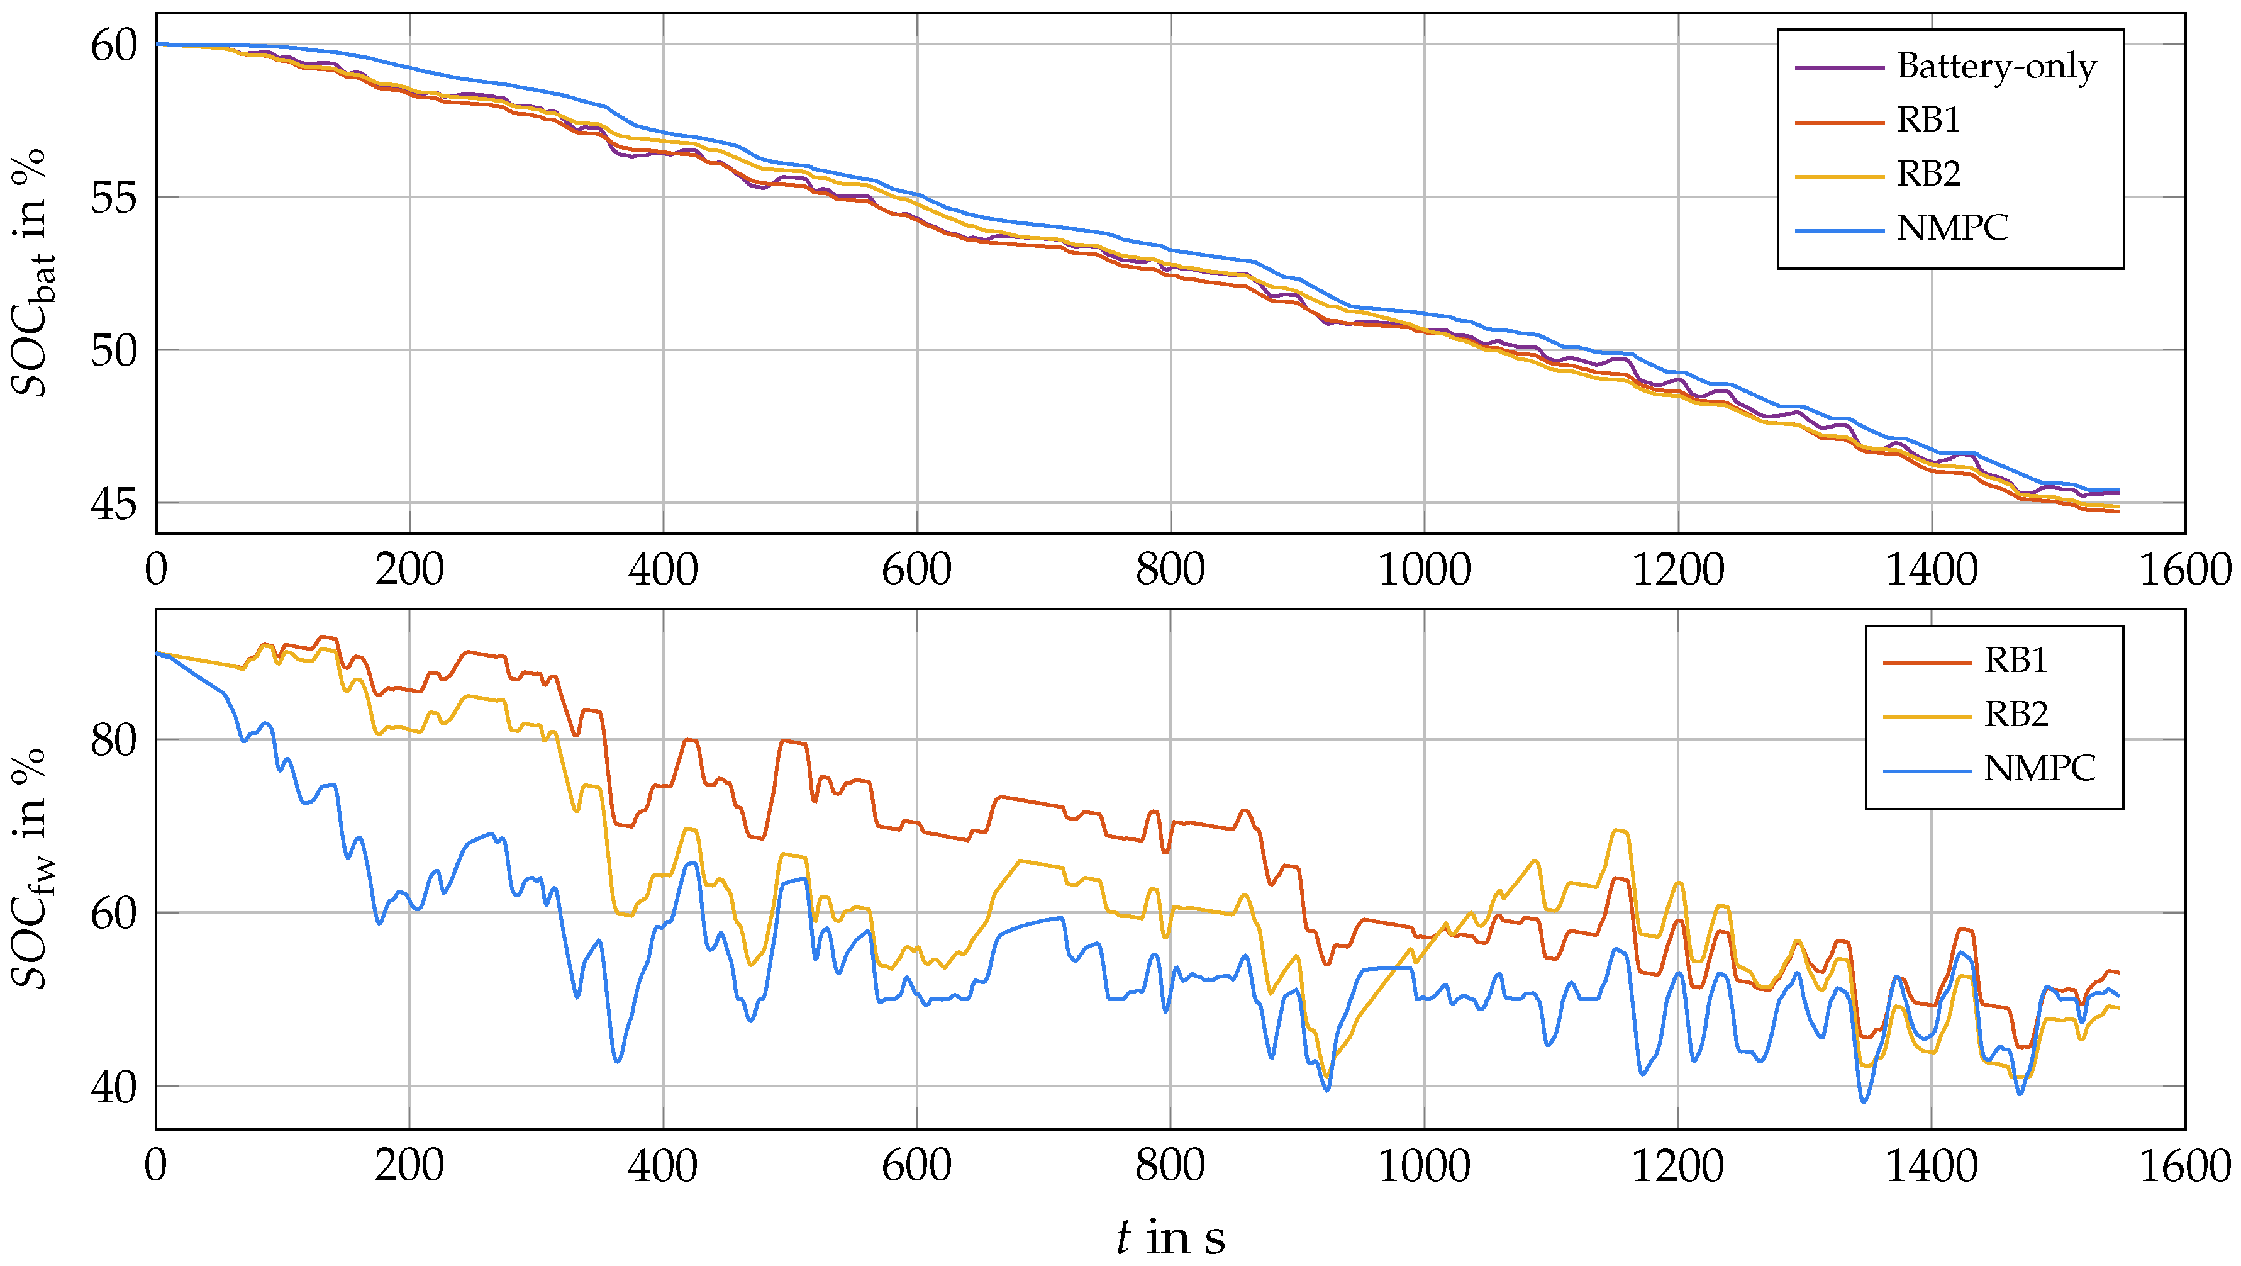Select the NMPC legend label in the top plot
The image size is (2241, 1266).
pyautogui.click(x=1952, y=228)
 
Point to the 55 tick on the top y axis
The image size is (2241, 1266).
pyautogui.click(x=114, y=198)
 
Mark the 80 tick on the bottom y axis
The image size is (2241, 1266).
pyautogui.click(x=114, y=739)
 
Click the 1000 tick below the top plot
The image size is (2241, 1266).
pyautogui.click(x=1424, y=570)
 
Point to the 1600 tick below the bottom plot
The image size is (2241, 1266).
pyautogui.click(x=2184, y=1165)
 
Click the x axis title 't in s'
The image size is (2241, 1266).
pyautogui.click(x=1170, y=1236)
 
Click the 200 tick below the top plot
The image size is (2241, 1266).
pyautogui.click(x=409, y=570)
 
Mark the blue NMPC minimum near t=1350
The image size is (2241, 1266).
pyautogui.click(x=1864, y=1102)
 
